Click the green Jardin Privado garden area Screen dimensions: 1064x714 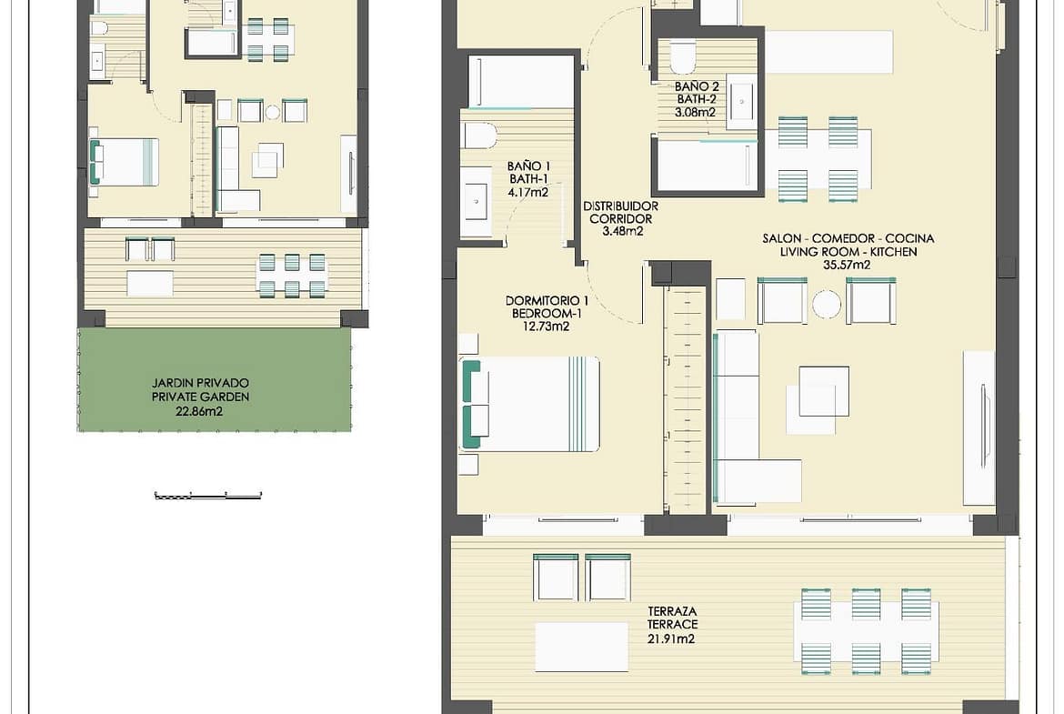coord(215,380)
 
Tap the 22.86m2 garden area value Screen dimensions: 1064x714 coord(199,411)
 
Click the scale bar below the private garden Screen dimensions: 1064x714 coord(208,496)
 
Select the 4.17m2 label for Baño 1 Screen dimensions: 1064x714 coord(528,192)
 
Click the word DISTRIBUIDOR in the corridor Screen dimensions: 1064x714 coord(621,206)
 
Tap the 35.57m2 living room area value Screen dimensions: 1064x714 coord(847,265)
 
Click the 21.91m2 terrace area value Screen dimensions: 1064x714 coord(671,639)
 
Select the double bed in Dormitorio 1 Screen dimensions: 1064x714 coord(531,404)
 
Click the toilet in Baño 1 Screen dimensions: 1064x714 coord(480,135)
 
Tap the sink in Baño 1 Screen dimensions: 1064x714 coord(477,202)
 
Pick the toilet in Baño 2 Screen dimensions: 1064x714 coord(683,57)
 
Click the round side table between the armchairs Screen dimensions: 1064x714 coord(827,304)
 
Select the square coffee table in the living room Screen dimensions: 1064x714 coord(824,392)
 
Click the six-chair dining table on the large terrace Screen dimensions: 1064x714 coord(867,632)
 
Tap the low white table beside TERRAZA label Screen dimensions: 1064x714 coord(581,648)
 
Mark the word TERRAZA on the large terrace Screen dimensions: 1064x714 coord(672,611)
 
